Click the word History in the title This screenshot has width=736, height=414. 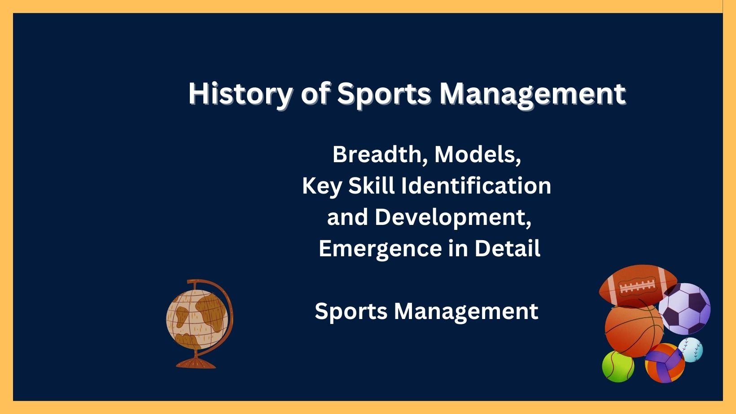240,94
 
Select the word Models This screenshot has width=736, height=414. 478,154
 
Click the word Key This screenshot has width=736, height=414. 322,186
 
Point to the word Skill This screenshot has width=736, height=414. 371,185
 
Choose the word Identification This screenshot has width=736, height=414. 476,185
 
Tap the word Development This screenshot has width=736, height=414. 453,217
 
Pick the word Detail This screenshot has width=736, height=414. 507,248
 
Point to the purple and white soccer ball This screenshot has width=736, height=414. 685,309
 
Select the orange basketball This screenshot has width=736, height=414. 634,331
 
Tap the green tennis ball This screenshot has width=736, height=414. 618,367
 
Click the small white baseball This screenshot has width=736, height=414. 690,349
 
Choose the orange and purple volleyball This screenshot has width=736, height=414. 665,363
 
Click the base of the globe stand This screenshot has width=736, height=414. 196,363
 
